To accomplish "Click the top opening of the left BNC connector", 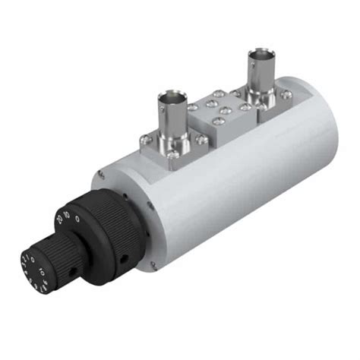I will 171,97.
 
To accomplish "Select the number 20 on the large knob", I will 59,221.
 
